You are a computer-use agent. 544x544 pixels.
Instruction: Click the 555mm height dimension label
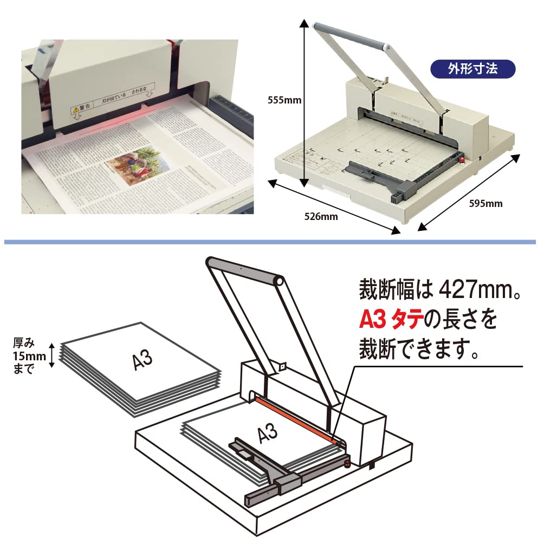(x=284, y=100)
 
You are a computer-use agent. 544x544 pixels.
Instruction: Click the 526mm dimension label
(x=321, y=217)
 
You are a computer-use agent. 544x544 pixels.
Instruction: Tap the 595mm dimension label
(x=485, y=204)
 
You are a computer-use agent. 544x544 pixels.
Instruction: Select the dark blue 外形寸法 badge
(x=472, y=70)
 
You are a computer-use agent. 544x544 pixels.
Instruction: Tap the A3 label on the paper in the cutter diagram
(x=266, y=433)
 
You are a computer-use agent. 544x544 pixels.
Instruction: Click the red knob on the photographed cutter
(x=462, y=159)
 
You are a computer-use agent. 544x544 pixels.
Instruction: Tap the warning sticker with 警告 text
(x=111, y=100)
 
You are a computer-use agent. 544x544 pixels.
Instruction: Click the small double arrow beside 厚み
(x=53, y=355)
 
